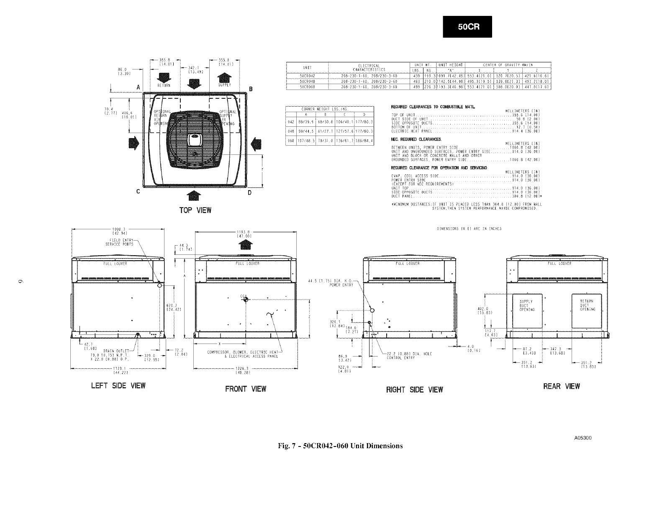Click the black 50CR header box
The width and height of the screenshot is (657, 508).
coord(467,26)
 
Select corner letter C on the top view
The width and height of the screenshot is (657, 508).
coord(138,192)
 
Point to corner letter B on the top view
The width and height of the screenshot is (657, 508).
coord(251,89)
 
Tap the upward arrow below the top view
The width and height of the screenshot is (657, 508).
coord(193,195)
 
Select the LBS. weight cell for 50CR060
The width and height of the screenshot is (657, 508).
coord(416,87)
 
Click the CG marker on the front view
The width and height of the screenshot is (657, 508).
coord(245,299)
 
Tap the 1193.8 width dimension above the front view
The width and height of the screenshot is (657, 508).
coord(244,233)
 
